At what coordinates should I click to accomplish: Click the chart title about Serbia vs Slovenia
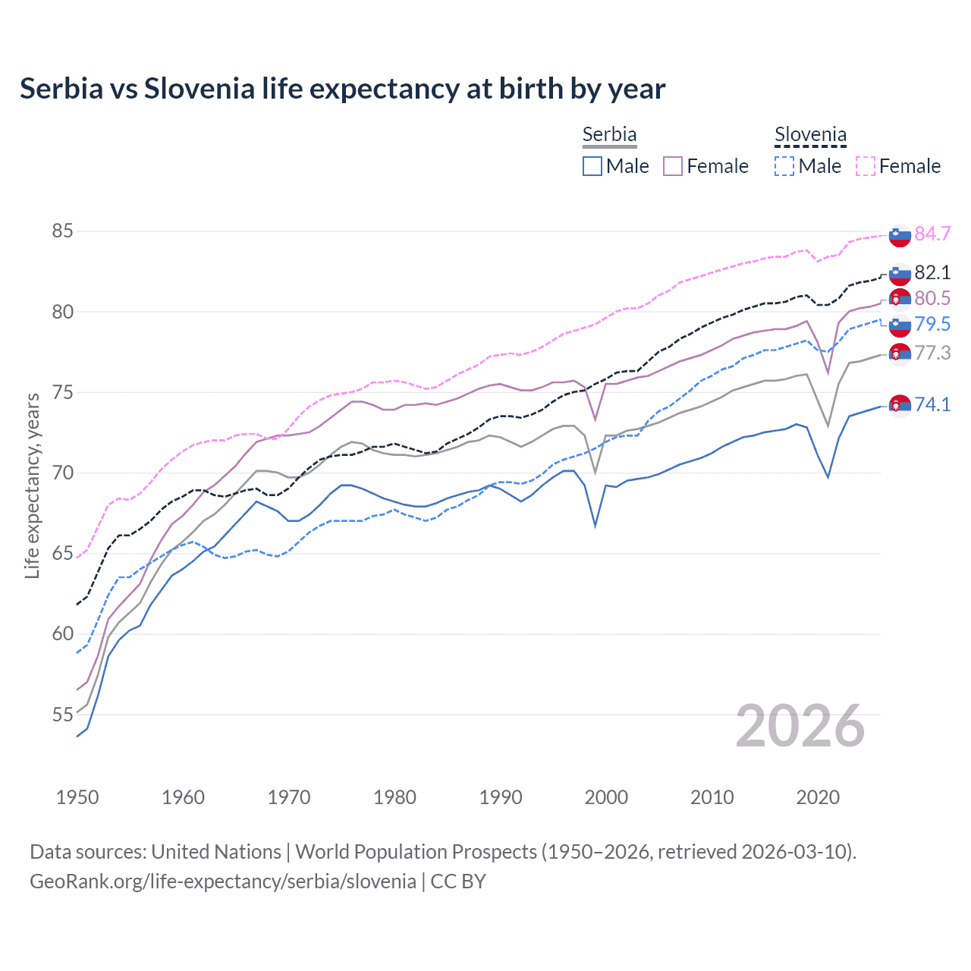pos(342,89)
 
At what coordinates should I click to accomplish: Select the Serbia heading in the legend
pos(609,134)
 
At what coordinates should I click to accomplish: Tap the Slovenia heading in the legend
pos(810,135)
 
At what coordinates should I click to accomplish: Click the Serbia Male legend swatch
pos(592,166)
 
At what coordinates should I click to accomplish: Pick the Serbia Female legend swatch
pos(673,166)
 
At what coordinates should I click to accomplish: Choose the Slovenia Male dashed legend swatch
pos(784,166)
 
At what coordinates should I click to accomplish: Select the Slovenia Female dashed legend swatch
pos(866,166)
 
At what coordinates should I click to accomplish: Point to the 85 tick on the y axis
pos(62,231)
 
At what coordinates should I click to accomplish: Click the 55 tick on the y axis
pos(62,715)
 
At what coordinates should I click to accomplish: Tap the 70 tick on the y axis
pos(62,473)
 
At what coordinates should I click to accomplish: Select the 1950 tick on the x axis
pos(77,797)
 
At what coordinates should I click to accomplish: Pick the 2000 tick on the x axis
pos(606,797)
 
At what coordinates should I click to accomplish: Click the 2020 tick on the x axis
pos(818,797)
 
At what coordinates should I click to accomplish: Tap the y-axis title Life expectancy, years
pos(32,485)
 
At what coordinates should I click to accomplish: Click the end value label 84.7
pos(932,234)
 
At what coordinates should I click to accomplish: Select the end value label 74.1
pos(932,404)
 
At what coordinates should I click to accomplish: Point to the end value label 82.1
pos(932,272)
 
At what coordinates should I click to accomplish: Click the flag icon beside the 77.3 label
pos(900,354)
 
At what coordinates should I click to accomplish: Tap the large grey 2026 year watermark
pos(800,726)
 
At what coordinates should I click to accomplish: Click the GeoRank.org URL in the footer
pos(222,881)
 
